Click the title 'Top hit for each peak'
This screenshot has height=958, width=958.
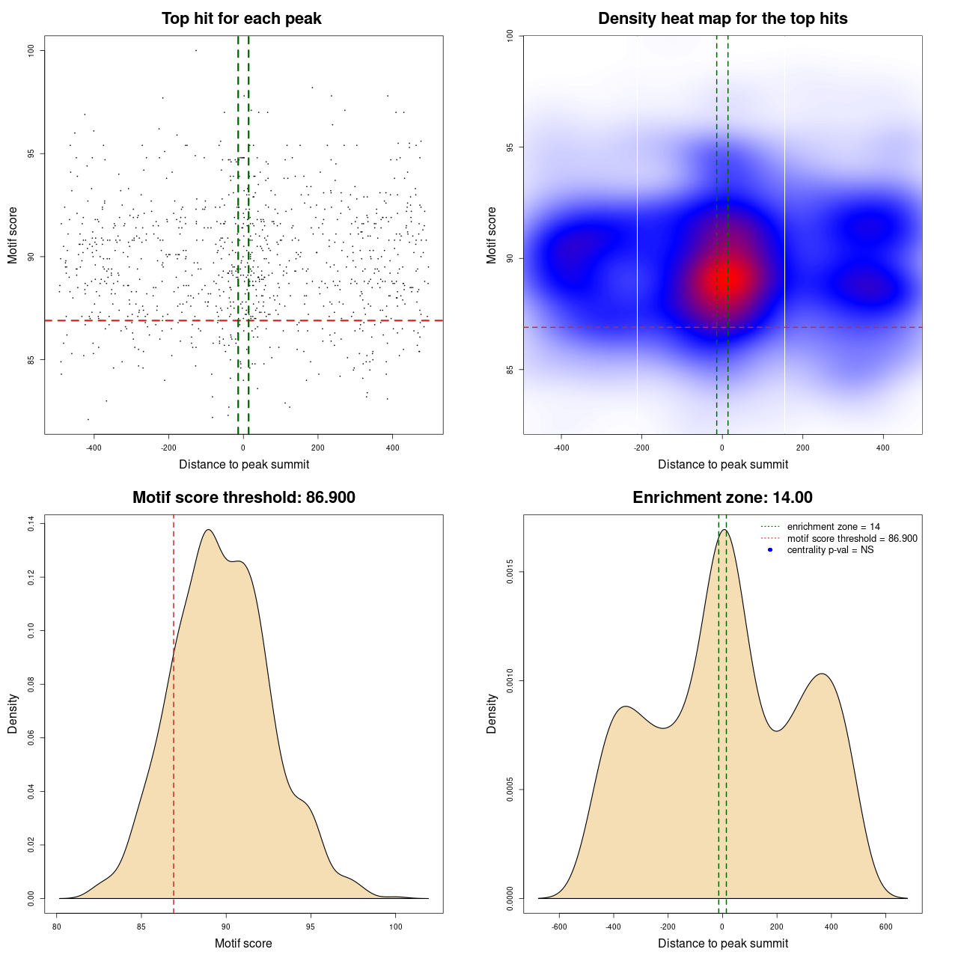[241, 19]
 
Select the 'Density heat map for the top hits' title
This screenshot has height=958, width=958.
[722, 19]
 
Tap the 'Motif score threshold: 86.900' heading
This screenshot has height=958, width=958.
[243, 498]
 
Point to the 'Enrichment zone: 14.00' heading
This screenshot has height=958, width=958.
[722, 498]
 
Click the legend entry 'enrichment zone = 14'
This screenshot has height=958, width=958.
[833, 527]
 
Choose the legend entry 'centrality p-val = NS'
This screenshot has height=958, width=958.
[830, 550]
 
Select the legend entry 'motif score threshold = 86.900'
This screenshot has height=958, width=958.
[852, 538]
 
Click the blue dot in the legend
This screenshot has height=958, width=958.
[770, 550]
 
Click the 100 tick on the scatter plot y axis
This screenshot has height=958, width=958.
[31, 50]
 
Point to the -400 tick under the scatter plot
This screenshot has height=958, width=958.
[94, 448]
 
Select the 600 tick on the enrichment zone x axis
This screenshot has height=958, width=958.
[886, 927]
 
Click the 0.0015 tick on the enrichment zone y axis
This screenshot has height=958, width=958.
[510, 573]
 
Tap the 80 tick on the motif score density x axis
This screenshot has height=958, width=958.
[57, 927]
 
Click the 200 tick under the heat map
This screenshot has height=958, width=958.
[802, 448]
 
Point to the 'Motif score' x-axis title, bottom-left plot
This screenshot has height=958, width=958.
[243, 943]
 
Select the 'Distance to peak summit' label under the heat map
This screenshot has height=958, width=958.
[722, 464]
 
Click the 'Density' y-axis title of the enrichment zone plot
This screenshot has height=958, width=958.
[492, 713]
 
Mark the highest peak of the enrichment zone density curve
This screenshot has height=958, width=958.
[724, 530]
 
